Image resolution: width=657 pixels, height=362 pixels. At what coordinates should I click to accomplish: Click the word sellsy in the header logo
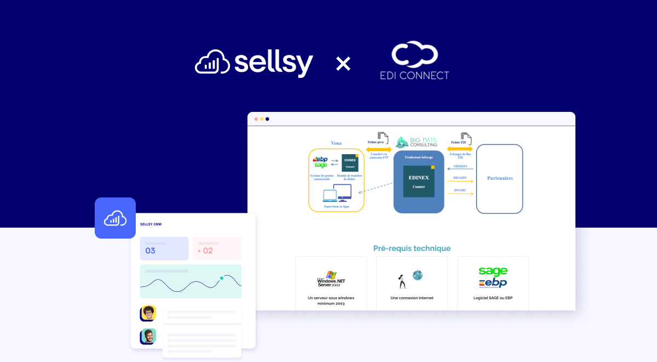[274, 63]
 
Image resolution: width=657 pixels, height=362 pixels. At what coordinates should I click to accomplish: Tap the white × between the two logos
[343, 64]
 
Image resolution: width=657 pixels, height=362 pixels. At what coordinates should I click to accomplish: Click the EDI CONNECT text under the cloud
[414, 75]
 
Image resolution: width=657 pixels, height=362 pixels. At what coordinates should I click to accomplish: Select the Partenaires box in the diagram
[499, 178]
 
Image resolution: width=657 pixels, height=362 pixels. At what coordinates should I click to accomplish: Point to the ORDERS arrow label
[460, 166]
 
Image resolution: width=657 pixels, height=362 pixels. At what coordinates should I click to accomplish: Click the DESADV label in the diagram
[460, 178]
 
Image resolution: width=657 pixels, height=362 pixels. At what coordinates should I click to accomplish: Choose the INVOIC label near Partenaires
[460, 190]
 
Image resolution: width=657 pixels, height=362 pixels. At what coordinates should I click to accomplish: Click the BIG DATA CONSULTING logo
[417, 142]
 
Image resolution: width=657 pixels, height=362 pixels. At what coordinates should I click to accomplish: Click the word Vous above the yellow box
[336, 143]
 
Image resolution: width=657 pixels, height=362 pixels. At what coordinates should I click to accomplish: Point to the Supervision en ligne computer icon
[337, 193]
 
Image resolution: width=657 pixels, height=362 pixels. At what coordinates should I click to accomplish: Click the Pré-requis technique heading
[412, 248]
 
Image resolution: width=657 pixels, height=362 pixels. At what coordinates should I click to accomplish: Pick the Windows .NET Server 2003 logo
[331, 279]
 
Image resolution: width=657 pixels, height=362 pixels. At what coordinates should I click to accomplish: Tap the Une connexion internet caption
[412, 298]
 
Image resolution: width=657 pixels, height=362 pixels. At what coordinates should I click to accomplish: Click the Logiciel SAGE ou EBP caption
[493, 298]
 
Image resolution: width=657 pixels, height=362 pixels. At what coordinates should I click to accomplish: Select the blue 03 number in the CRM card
[150, 251]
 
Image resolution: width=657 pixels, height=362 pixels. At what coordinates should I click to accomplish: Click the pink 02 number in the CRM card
[208, 251]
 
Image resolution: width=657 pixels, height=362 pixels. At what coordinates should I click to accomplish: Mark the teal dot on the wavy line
[222, 278]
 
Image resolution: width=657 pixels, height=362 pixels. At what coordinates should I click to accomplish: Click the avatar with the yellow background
[148, 313]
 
